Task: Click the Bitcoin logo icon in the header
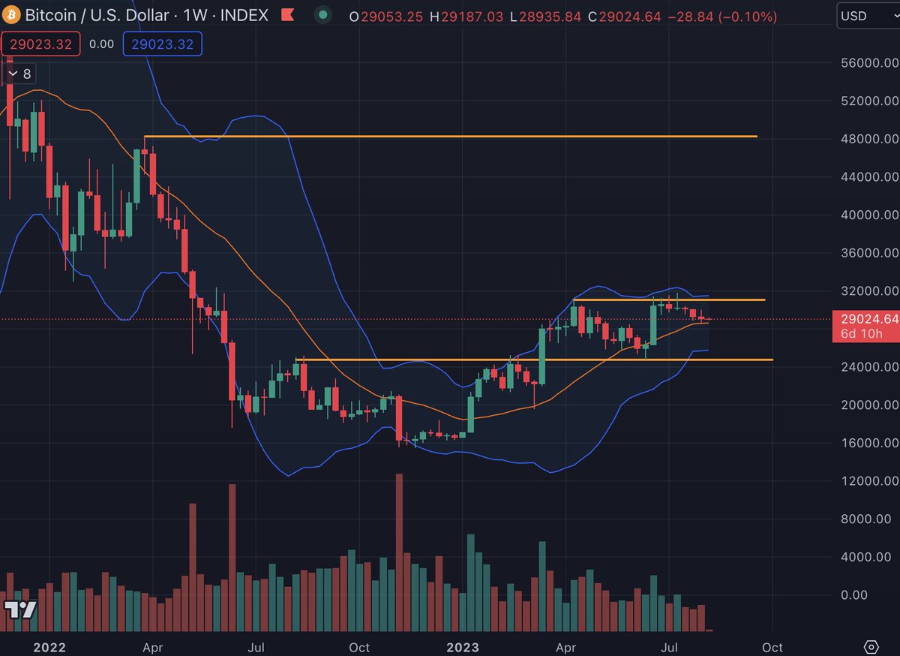pos(12,15)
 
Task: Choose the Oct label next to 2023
pos(772,647)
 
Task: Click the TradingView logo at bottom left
pos(20,609)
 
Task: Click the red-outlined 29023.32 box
pos(41,44)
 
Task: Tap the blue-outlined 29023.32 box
pos(163,44)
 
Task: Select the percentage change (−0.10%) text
pos(736,15)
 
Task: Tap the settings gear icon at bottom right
pos(871,646)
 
